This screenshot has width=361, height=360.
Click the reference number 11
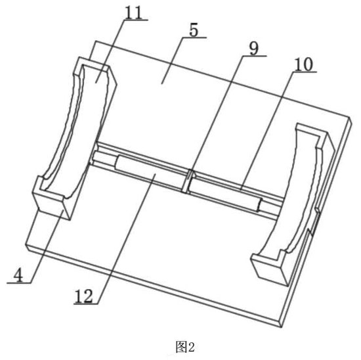(133, 12)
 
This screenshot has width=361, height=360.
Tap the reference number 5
(194, 30)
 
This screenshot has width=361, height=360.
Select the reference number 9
(254, 49)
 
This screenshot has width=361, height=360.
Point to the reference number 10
(304, 64)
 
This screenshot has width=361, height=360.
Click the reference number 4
(18, 275)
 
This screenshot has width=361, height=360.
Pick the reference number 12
(83, 296)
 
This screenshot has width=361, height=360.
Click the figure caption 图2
(185, 348)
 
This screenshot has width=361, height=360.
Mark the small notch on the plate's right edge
(315, 222)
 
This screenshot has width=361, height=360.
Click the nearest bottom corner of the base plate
(281, 326)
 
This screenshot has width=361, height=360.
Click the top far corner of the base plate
(96, 41)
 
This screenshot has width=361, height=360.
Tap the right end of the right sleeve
(260, 205)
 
